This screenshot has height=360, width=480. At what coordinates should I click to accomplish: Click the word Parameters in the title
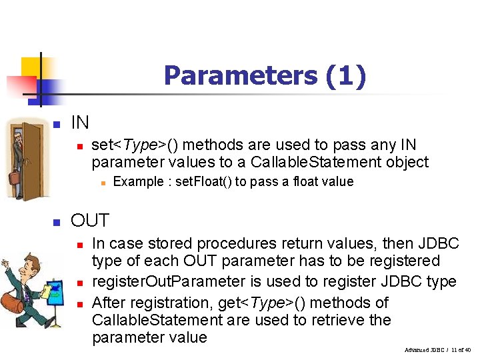tap(241, 75)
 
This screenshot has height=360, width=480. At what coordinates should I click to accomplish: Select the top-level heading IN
tap(80, 123)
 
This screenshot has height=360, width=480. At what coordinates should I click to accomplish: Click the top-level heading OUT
tap(90, 221)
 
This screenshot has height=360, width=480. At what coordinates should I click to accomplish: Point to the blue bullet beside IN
tap(57, 125)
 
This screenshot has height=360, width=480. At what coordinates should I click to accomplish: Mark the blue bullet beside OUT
tap(57, 222)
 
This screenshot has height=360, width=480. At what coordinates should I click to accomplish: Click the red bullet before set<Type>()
tap(78, 145)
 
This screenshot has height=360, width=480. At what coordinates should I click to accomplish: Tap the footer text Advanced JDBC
tap(426, 349)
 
